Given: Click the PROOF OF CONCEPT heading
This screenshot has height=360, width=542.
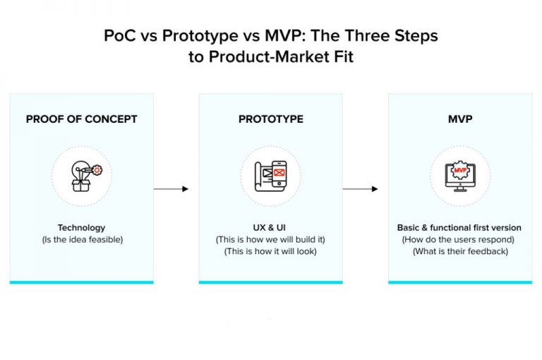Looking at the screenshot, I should point(81,119).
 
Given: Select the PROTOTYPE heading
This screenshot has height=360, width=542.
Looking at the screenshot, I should point(271,119).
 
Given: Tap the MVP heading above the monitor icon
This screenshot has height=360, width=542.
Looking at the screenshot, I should point(460,119).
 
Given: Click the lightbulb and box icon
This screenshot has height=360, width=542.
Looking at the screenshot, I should point(81,176).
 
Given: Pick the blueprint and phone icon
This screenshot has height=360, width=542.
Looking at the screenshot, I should point(271,176).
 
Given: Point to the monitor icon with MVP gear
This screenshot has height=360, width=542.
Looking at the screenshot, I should point(460,176).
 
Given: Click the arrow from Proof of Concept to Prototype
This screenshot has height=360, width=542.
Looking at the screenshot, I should point(171,189).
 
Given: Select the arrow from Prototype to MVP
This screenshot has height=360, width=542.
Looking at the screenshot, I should point(360,189).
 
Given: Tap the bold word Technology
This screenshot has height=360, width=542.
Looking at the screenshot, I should point(81,228).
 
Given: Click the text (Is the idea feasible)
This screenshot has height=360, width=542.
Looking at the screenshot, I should point(81,240).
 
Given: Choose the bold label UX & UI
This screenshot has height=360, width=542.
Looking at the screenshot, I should point(271,228).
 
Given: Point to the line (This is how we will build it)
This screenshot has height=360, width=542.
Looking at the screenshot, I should point(271,240).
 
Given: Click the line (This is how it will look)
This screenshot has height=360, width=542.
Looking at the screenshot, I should point(271,251).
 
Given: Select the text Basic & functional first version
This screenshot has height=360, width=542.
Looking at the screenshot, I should point(459,228).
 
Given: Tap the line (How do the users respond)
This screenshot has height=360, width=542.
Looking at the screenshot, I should point(460,240).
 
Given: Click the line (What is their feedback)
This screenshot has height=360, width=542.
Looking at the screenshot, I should point(460,251).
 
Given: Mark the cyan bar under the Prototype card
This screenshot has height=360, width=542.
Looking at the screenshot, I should point(271,282).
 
